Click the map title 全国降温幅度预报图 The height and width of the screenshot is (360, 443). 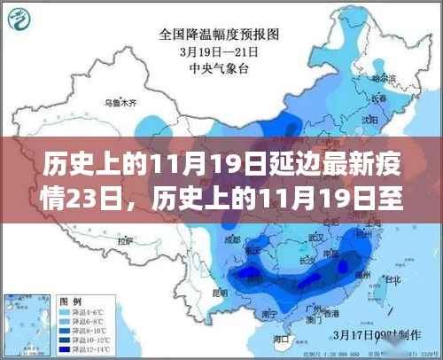[x=221, y=35]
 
